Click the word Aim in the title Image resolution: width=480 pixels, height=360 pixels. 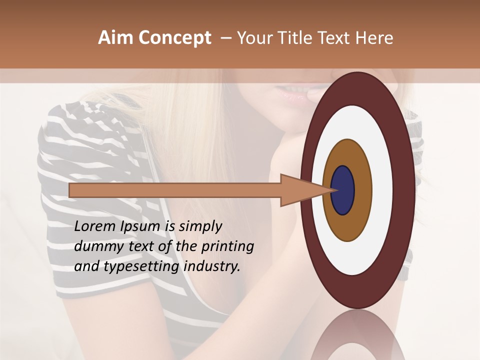(x=116, y=38)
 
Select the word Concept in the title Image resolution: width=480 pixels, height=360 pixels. (x=174, y=38)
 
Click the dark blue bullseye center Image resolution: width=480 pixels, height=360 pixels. (x=343, y=190)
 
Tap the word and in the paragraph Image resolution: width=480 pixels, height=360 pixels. (x=86, y=266)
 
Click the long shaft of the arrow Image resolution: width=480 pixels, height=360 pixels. (x=175, y=190)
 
